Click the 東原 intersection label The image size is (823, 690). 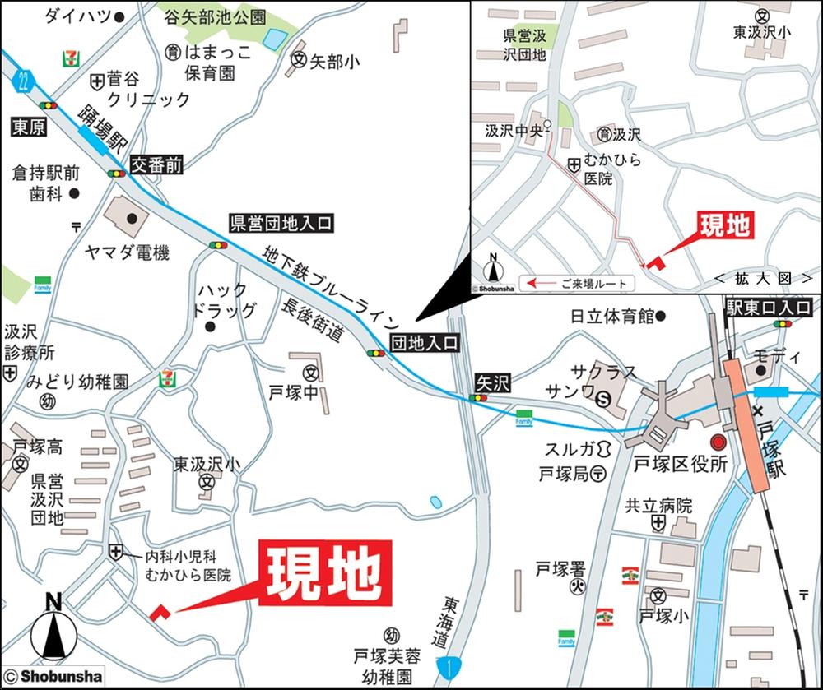pyautogui.click(x=28, y=127)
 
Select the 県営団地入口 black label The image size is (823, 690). pyautogui.click(x=281, y=223)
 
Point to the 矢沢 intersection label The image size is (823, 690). pyautogui.click(x=493, y=382)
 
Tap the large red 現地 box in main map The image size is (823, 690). pyautogui.click(x=325, y=573)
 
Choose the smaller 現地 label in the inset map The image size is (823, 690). pyautogui.click(x=727, y=225)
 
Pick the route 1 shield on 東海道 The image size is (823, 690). pyautogui.click(x=445, y=666)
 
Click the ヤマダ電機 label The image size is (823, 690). pyautogui.click(x=127, y=253)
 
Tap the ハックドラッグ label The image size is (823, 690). pyautogui.click(x=223, y=300)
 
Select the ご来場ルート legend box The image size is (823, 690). pyautogui.click(x=579, y=283)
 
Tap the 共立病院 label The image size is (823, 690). pyautogui.click(x=658, y=506)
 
